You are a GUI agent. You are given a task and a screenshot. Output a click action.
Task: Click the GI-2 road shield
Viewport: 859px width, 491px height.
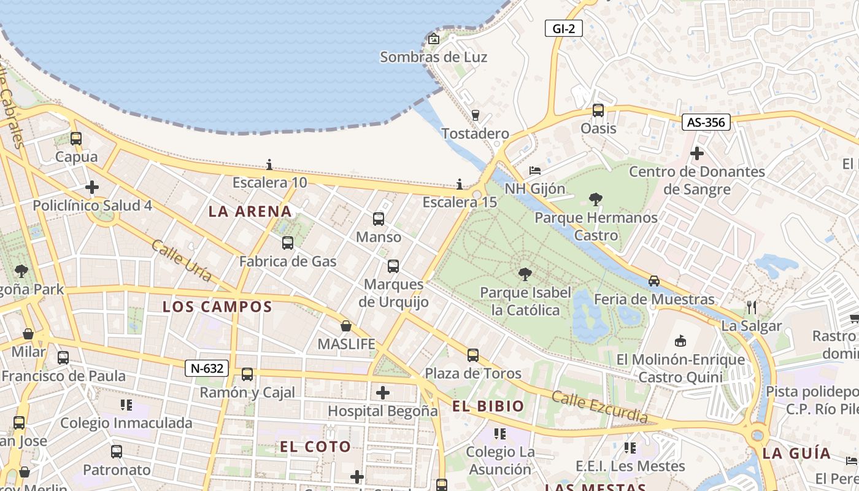(x=563, y=28)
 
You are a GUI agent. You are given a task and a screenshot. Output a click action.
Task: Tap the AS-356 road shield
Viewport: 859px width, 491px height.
(x=706, y=122)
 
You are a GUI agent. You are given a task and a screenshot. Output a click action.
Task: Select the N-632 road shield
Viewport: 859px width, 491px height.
(x=207, y=368)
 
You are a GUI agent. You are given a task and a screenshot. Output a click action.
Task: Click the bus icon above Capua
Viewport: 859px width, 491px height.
(x=76, y=139)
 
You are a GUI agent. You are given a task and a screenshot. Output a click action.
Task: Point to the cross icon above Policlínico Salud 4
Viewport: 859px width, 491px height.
(x=92, y=187)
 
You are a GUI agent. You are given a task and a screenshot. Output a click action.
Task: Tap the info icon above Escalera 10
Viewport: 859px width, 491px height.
(x=269, y=164)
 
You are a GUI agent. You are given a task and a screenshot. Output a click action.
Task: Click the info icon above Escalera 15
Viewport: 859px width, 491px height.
(x=460, y=184)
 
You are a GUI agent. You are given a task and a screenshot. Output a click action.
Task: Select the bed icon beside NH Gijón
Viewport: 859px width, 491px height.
(x=535, y=170)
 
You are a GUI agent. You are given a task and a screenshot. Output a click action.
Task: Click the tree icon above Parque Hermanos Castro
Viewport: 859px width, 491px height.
(x=595, y=199)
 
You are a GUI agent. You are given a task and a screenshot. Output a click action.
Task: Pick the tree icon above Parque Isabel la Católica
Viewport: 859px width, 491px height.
(x=525, y=274)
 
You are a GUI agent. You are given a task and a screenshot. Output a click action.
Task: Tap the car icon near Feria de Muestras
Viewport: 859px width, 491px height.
(x=654, y=281)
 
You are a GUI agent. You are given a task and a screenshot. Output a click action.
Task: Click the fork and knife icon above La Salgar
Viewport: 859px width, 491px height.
(x=752, y=307)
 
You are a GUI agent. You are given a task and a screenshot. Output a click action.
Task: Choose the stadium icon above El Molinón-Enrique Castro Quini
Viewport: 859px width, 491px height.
(x=680, y=341)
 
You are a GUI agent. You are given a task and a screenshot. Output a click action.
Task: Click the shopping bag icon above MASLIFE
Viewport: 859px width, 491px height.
(x=346, y=326)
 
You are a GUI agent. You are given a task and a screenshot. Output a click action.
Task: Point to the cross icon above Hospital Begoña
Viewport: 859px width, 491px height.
(x=383, y=392)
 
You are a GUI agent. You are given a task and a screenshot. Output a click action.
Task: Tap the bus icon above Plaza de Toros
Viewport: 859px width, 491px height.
(x=472, y=355)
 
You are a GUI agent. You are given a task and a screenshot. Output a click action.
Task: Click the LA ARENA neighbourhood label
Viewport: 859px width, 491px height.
(x=250, y=212)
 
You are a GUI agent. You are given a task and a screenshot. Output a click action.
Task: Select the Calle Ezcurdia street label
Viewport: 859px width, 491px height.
(x=599, y=406)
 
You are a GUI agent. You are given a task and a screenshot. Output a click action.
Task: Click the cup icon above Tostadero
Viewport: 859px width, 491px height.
(x=475, y=115)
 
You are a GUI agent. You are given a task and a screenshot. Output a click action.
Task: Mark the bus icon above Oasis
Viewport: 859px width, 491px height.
(x=598, y=110)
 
